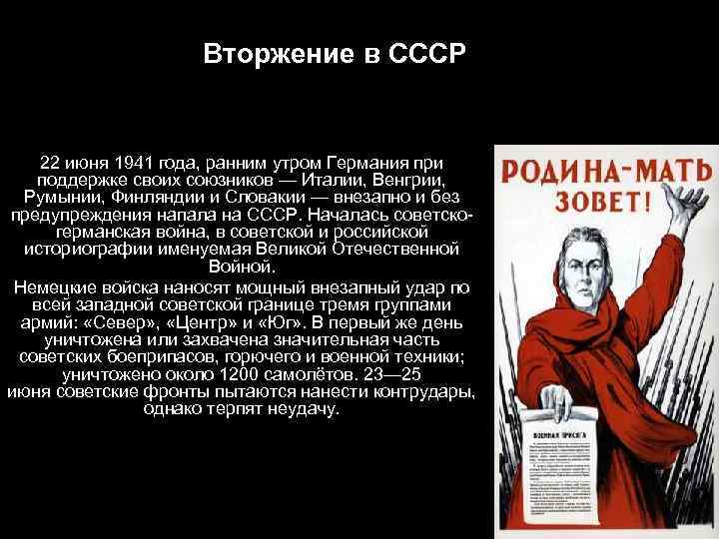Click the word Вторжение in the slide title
(262, 52)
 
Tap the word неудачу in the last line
(308, 409)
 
